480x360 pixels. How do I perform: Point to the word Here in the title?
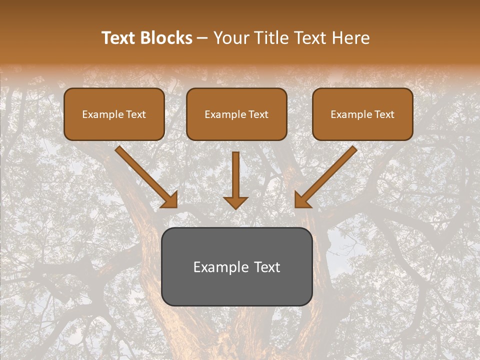pos(352,38)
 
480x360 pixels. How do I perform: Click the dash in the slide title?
pos(202,38)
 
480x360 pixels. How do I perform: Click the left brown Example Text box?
pos(114,114)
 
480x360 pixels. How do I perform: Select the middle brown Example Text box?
pos(236,114)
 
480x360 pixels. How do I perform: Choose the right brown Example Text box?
pos(362,114)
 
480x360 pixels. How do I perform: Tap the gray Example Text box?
pos(237,266)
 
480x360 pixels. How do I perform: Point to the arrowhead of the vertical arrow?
pos(235,202)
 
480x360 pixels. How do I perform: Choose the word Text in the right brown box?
pos(384,114)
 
